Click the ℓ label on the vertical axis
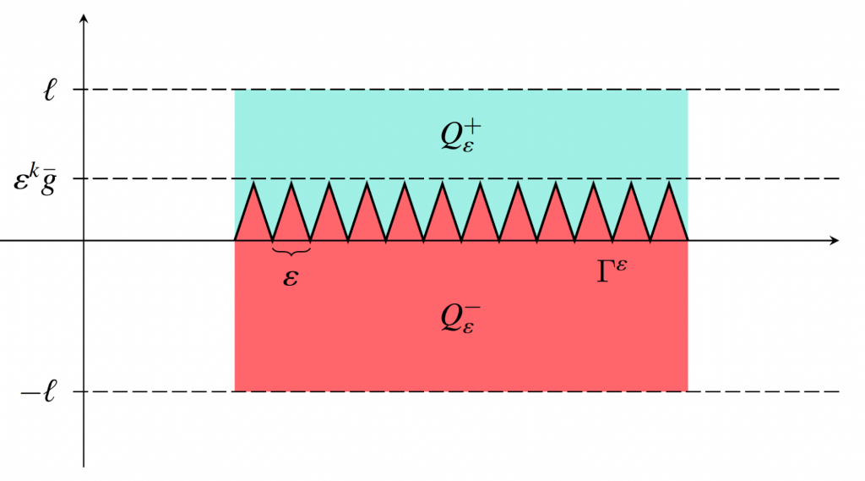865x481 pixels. coord(51,90)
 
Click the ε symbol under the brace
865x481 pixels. coord(291,277)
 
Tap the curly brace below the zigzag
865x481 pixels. coord(291,251)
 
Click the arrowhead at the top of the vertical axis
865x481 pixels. coord(84,18)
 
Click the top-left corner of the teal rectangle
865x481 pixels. coord(235,90)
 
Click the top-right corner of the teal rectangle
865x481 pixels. coord(688,90)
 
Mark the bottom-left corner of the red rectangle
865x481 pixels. coord(235,391)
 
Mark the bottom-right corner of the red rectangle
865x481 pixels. coord(688,391)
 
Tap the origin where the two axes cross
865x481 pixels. coord(84,241)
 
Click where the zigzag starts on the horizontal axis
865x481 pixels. coord(235,241)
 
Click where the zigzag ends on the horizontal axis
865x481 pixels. coord(688,241)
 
